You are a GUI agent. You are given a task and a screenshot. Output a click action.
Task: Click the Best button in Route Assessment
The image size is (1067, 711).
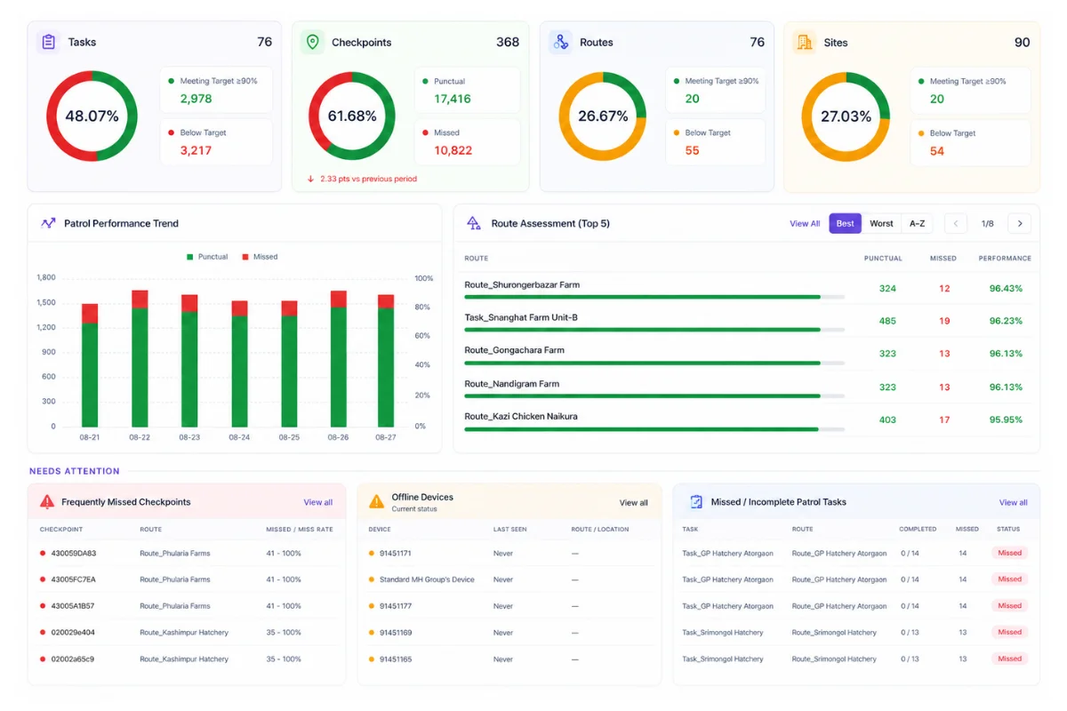(x=845, y=223)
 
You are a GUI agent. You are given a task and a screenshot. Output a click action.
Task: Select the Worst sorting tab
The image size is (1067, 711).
(x=881, y=223)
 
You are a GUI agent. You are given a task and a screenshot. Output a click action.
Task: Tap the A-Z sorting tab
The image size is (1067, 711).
(x=917, y=223)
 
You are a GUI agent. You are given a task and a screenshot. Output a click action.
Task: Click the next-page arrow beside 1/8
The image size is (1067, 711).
(x=1020, y=223)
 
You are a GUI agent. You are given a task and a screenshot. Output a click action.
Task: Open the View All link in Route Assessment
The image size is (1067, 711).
(x=805, y=223)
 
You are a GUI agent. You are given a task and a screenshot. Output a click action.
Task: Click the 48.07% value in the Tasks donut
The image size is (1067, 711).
(x=92, y=116)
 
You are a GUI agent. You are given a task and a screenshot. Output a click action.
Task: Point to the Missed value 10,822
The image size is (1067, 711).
(x=453, y=150)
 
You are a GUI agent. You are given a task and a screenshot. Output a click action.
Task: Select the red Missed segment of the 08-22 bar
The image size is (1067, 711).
(x=140, y=300)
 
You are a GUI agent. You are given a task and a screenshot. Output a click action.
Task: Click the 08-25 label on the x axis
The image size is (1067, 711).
(x=289, y=437)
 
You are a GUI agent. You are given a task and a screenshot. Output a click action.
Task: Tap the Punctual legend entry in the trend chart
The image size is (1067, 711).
(x=207, y=257)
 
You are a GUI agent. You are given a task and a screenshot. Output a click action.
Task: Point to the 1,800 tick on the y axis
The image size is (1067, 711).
(x=46, y=277)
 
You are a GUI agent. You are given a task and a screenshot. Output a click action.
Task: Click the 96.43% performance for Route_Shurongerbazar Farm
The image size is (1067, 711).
(x=1006, y=288)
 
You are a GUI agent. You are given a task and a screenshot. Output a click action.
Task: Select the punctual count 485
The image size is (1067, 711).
(x=887, y=321)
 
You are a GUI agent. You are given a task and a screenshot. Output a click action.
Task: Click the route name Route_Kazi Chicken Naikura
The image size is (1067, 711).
(x=521, y=416)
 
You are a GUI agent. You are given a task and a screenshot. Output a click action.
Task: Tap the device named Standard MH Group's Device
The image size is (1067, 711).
(x=427, y=579)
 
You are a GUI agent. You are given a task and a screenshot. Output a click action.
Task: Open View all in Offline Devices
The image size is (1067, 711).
(x=633, y=502)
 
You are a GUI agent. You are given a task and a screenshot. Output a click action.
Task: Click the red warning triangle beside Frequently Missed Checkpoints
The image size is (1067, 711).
(x=46, y=501)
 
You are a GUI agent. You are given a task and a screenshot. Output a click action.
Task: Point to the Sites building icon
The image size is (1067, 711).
(x=805, y=43)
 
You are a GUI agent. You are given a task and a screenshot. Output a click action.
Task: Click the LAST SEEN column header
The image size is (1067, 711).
(x=509, y=529)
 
